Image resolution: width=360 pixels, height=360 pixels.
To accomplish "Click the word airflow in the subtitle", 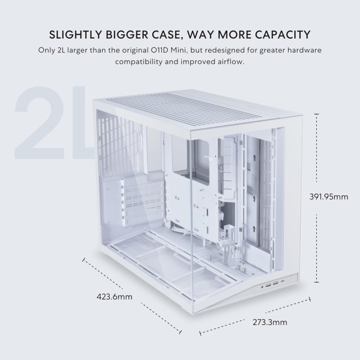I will coord(230,61).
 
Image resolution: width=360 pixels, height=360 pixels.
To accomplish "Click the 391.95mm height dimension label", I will coord(329,197).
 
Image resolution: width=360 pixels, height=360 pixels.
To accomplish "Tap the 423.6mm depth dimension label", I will coord(114,296).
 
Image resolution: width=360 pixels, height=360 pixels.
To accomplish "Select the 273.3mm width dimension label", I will coord(269,322).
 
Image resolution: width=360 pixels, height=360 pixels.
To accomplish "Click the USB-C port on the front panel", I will coord(282,284).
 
